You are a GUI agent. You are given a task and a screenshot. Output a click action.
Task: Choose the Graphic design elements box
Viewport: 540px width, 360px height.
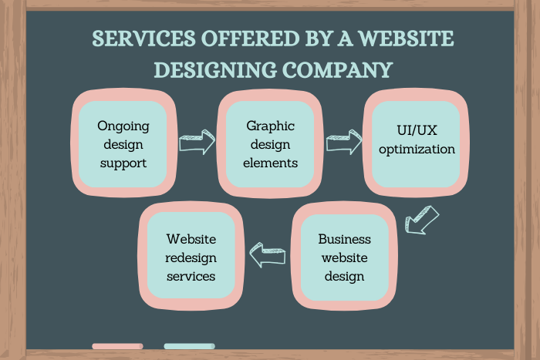pyautogui.click(x=271, y=144)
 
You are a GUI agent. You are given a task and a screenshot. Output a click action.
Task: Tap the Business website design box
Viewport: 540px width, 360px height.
pyautogui.click(x=344, y=257)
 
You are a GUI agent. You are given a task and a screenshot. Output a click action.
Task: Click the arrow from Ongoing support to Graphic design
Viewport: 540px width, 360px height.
pyautogui.click(x=197, y=143)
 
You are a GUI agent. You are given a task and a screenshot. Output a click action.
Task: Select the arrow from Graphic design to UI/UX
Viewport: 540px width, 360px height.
pyautogui.click(x=344, y=143)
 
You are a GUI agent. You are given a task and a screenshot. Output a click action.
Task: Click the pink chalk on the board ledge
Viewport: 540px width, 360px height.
pyautogui.click(x=117, y=346)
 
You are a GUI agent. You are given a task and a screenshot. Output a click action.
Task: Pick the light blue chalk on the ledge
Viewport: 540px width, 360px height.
pyautogui.click(x=189, y=346)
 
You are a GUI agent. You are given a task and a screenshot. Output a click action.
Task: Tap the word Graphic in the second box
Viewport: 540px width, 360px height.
pyautogui.click(x=271, y=125)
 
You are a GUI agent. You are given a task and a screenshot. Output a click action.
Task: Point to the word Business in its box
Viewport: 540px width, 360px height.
pyautogui.click(x=345, y=239)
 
